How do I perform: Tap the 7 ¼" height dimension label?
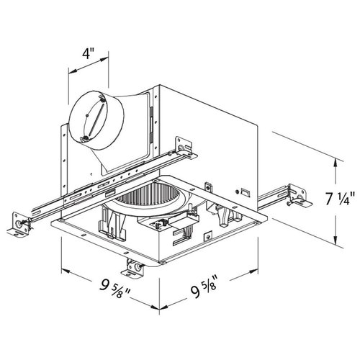[340, 198]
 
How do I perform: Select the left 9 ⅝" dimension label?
[115, 289]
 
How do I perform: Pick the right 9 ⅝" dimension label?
[204, 286]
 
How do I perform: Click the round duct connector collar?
[96, 121]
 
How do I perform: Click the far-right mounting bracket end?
[299, 196]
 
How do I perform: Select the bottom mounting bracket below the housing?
[133, 269]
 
